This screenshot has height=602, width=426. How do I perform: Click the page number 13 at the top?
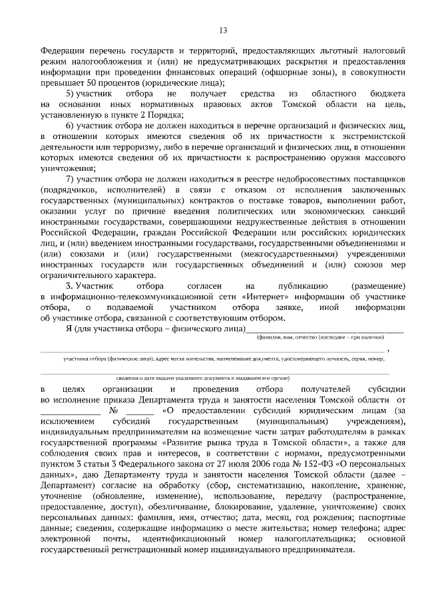pos(223,29)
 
